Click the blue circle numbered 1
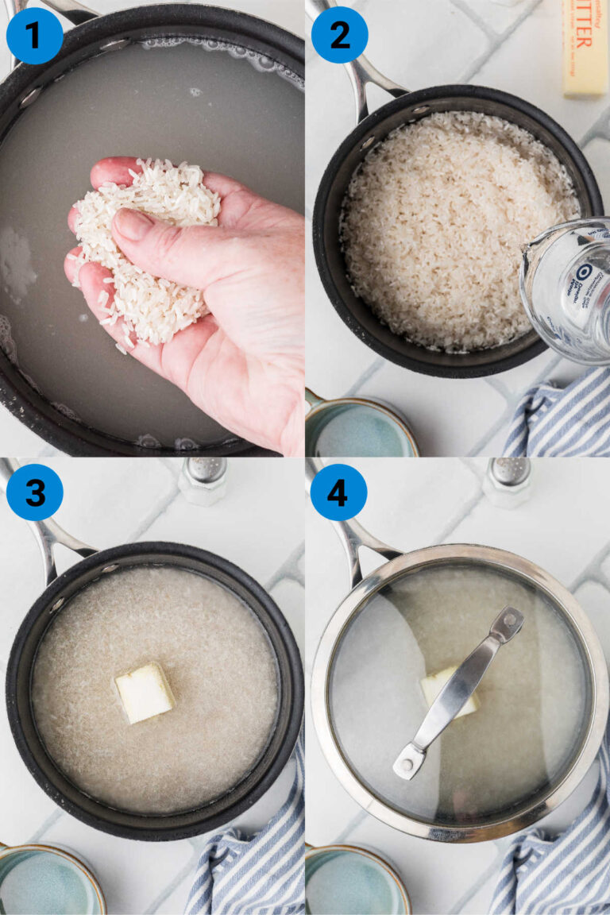34,36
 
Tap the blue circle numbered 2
339,35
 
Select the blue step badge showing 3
34,492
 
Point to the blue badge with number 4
338,492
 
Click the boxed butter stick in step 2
585,48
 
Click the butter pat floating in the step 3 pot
144,692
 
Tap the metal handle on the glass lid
458,692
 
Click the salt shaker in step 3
203,480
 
